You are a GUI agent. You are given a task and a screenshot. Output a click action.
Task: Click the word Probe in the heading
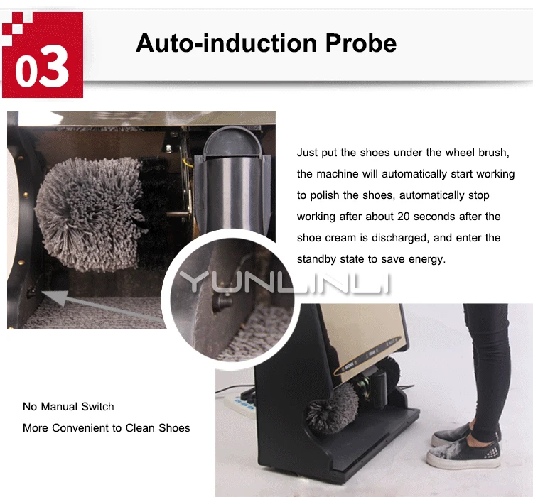[x=361, y=43]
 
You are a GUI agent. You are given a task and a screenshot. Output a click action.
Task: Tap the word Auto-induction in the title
[x=227, y=43]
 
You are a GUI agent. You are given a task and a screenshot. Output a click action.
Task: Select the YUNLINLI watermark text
[x=285, y=282]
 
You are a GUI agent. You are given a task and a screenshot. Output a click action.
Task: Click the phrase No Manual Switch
[x=68, y=407]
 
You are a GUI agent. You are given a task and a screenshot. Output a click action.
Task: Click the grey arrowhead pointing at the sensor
[x=55, y=296]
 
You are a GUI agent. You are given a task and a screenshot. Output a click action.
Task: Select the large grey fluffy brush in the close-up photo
[x=90, y=213]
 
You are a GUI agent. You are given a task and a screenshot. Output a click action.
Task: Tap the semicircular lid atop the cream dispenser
[x=232, y=142]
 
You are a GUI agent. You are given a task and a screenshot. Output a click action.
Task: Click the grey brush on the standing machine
[x=332, y=408]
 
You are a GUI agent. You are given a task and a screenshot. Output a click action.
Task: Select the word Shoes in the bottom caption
[x=174, y=428]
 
